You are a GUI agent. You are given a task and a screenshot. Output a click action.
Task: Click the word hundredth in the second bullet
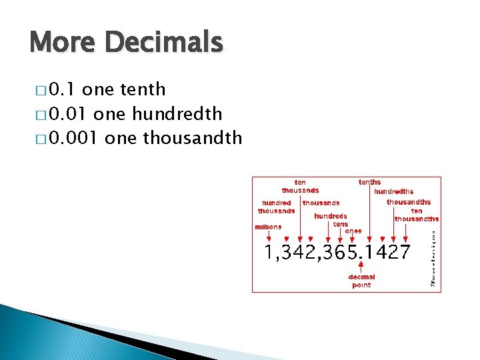pos(177,114)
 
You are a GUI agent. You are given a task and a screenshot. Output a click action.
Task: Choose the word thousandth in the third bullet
pos(192,139)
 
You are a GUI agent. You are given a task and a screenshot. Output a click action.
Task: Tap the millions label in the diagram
pos(268,227)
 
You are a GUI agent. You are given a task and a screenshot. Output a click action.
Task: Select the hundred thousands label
pos(277,207)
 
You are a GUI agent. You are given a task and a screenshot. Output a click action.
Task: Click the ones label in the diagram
pos(353,231)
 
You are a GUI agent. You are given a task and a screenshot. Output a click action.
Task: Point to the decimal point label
pos(361,281)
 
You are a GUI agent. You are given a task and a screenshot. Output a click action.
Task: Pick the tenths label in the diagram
pos(370,182)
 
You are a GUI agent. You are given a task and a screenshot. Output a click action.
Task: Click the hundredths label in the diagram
pos(393,191)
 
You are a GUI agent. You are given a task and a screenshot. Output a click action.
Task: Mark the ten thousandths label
pos(417,215)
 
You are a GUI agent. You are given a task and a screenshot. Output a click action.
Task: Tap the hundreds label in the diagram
pos(331,216)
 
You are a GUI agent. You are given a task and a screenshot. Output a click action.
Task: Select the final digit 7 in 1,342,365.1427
pos(403,252)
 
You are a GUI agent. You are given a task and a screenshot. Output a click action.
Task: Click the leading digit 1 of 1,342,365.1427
pos(269,252)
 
